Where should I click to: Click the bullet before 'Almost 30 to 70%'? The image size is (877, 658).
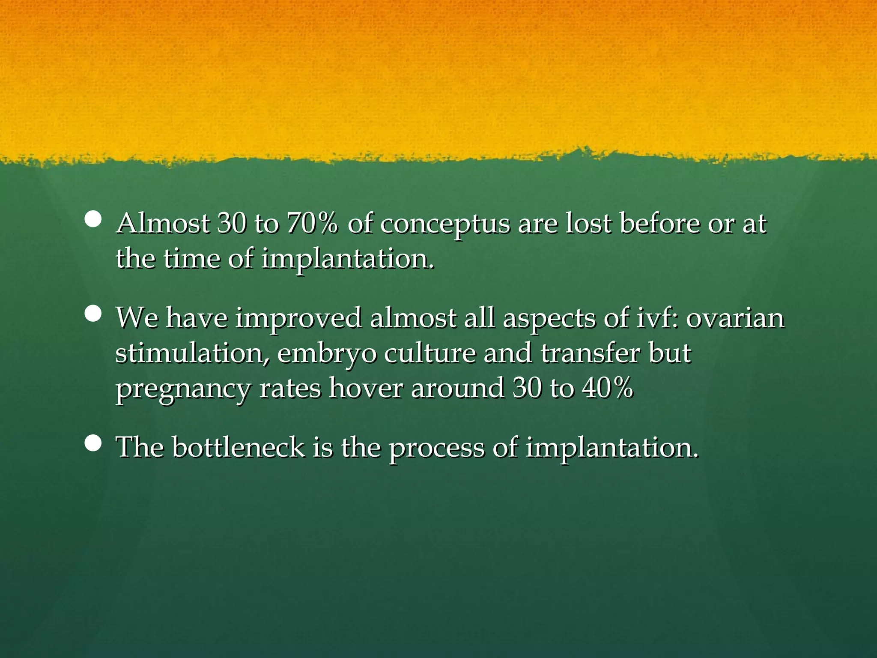click(93, 219)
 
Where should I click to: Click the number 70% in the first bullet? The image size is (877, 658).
click(312, 224)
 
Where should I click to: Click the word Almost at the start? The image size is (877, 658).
click(163, 224)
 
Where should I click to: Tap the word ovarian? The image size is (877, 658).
click(735, 319)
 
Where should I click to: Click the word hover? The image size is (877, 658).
click(366, 389)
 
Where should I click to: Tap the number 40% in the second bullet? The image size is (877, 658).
click(608, 389)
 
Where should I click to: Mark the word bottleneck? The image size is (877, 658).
click(238, 447)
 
